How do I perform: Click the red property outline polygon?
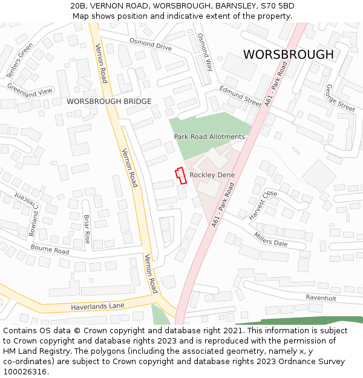180,175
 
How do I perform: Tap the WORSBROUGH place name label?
288,55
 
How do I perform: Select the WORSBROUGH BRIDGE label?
109,102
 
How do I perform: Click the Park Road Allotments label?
209,137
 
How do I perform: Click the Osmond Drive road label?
151,44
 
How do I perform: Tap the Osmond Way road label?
205,52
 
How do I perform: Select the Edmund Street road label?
240,96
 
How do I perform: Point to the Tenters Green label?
20,60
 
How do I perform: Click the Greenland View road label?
30,91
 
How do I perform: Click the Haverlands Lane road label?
97,306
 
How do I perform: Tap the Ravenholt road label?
321,298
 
